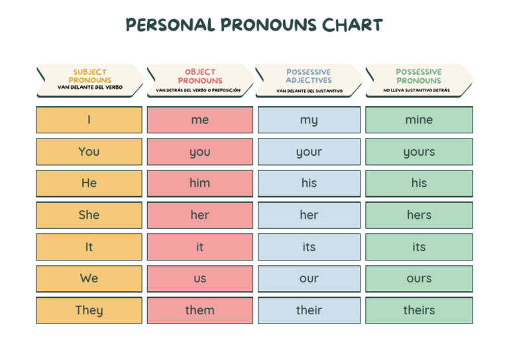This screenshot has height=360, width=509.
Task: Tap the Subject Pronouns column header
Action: point(89,80)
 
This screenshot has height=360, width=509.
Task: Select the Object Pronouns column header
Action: point(199,80)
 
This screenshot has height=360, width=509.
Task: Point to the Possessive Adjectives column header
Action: point(309,80)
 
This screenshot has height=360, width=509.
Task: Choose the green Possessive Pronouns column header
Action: point(418,80)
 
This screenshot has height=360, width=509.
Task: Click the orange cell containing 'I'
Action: point(89,120)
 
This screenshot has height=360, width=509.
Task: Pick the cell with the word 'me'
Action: point(199,120)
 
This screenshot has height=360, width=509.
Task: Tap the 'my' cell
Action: point(309,120)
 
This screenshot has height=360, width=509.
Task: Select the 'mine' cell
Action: point(419,120)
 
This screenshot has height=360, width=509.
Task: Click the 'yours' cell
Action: point(419,152)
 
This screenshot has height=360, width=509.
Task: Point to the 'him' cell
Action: point(199,183)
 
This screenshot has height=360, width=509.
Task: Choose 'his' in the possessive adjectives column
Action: point(309,183)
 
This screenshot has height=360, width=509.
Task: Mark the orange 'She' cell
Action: point(89,215)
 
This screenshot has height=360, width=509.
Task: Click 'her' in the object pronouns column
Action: point(199,215)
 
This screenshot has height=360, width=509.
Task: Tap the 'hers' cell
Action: point(419,215)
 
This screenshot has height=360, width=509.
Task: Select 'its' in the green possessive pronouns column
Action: point(419,247)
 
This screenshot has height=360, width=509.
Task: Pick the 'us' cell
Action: point(199,278)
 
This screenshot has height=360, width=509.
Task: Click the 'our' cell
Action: point(309,278)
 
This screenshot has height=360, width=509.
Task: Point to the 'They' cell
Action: point(89,310)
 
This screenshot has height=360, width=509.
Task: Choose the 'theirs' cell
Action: point(419,310)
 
